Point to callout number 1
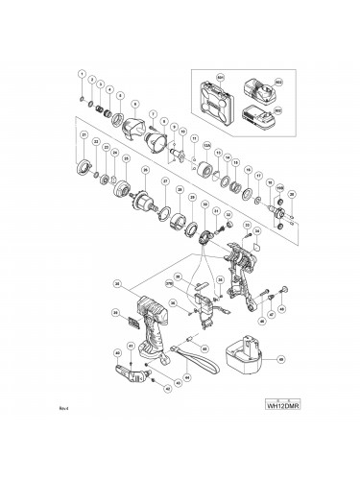pos(83,76)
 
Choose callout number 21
pos(84,135)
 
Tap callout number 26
pos(145,170)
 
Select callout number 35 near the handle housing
pos(117,284)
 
